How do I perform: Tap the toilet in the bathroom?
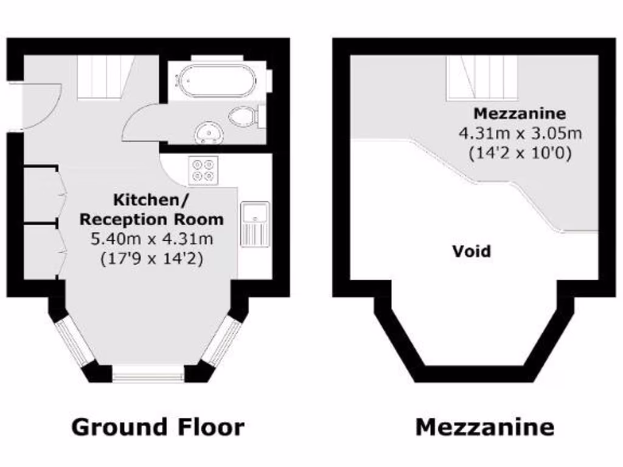click(245, 116)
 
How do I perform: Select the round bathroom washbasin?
click(209, 133)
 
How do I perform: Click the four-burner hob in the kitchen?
click(203, 170)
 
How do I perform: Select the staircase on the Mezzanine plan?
click(482, 77)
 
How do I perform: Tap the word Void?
click(471, 251)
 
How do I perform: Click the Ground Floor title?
click(158, 427)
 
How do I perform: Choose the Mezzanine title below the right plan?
click(484, 427)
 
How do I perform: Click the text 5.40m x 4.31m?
click(151, 238)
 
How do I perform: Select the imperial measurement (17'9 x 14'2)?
click(151, 258)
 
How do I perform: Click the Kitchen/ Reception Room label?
click(151, 209)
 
